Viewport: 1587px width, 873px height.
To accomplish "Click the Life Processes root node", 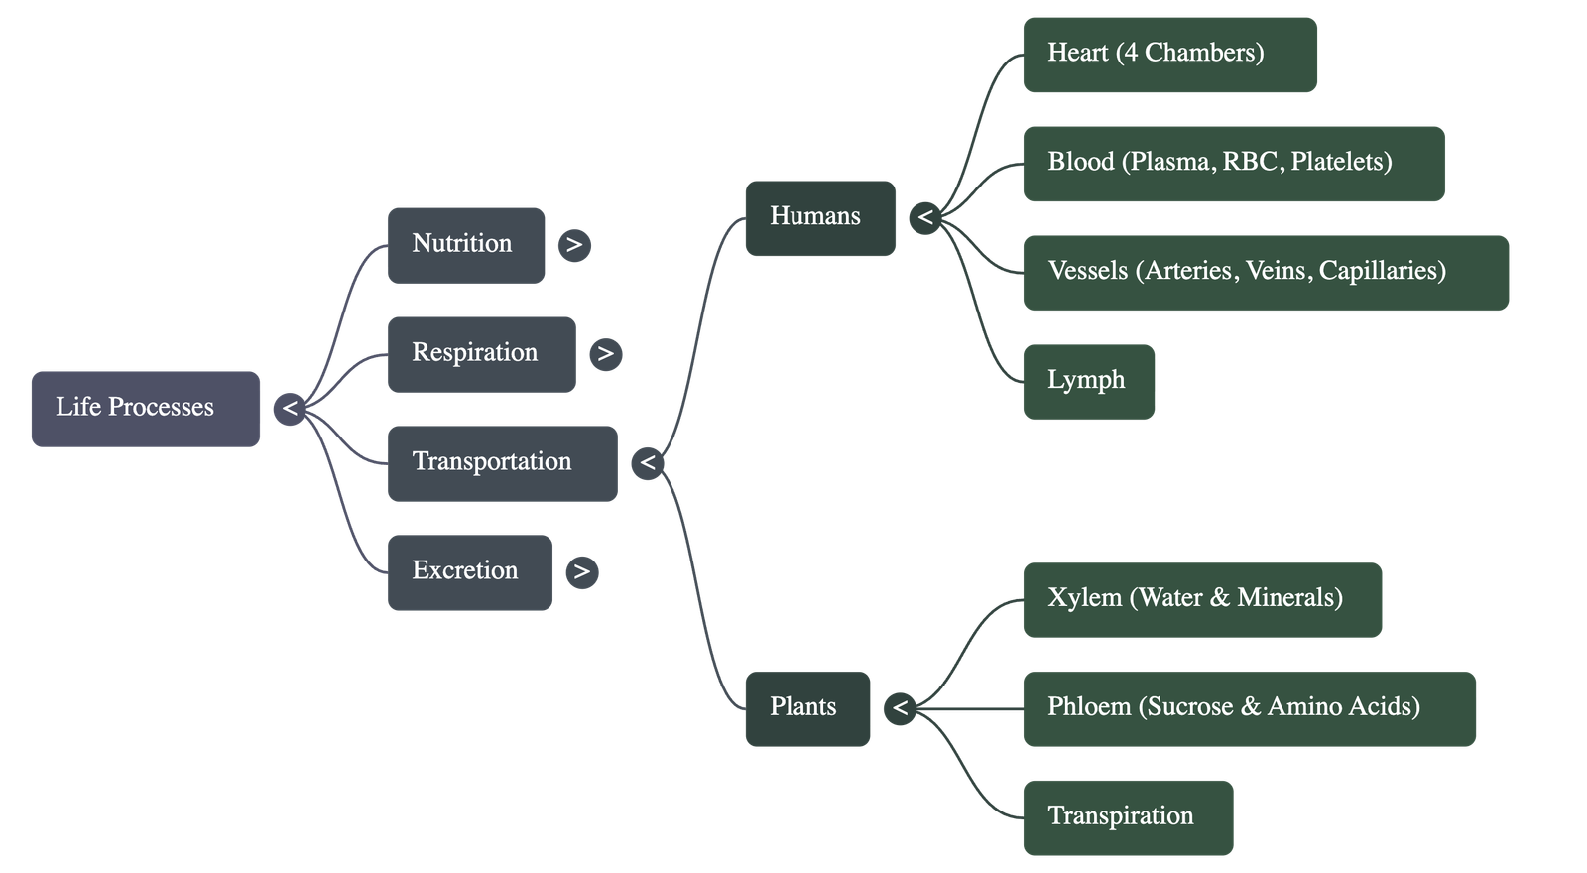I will pos(146,408).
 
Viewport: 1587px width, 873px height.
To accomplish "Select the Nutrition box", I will pos(465,244).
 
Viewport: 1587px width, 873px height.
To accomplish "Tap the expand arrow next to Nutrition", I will pos(574,245).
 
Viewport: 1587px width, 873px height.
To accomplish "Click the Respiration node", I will pos(481,353).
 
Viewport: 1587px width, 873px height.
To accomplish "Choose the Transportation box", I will pos(502,462).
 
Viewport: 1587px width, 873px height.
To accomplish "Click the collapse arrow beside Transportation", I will pos(648,462).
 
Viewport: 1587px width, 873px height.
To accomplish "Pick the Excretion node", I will pos(468,571).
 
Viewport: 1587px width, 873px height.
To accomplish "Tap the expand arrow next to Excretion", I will pos(582,571).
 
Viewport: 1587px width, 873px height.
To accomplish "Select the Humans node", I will pos(819,217).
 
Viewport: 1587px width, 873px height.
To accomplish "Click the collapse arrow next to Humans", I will pos(925,217).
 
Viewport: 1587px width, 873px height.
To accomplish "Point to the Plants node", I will pos(807,707).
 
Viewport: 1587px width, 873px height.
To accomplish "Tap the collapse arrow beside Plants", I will pos(900,707).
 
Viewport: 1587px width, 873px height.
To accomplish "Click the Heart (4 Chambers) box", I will pos(1169,54).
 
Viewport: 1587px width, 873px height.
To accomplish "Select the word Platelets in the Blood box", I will pos(1341,162).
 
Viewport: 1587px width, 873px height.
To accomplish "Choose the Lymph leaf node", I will pos(1088,381).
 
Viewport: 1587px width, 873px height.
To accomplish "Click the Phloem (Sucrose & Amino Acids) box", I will pos(1249,707).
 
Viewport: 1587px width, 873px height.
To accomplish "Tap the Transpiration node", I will pos(1128,816).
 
